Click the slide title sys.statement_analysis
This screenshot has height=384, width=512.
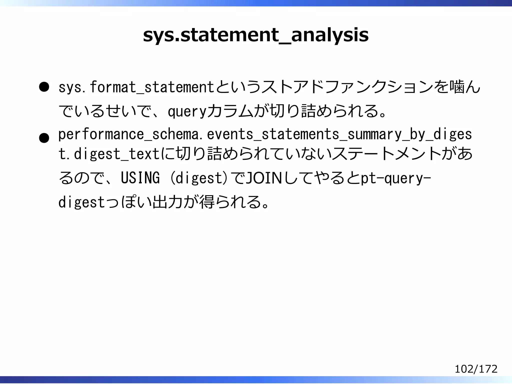[255, 35]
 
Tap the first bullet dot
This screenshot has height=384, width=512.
[44, 87]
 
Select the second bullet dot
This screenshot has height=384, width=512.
[44, 138]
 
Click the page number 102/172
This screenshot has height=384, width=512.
[476, 369]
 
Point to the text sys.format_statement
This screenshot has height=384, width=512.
[136, 87]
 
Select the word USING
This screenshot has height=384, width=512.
[140, 178]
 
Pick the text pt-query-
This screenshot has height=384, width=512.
[396, 178]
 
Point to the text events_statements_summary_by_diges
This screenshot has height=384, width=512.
[339, 134]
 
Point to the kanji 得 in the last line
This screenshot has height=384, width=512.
[207, 202]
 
